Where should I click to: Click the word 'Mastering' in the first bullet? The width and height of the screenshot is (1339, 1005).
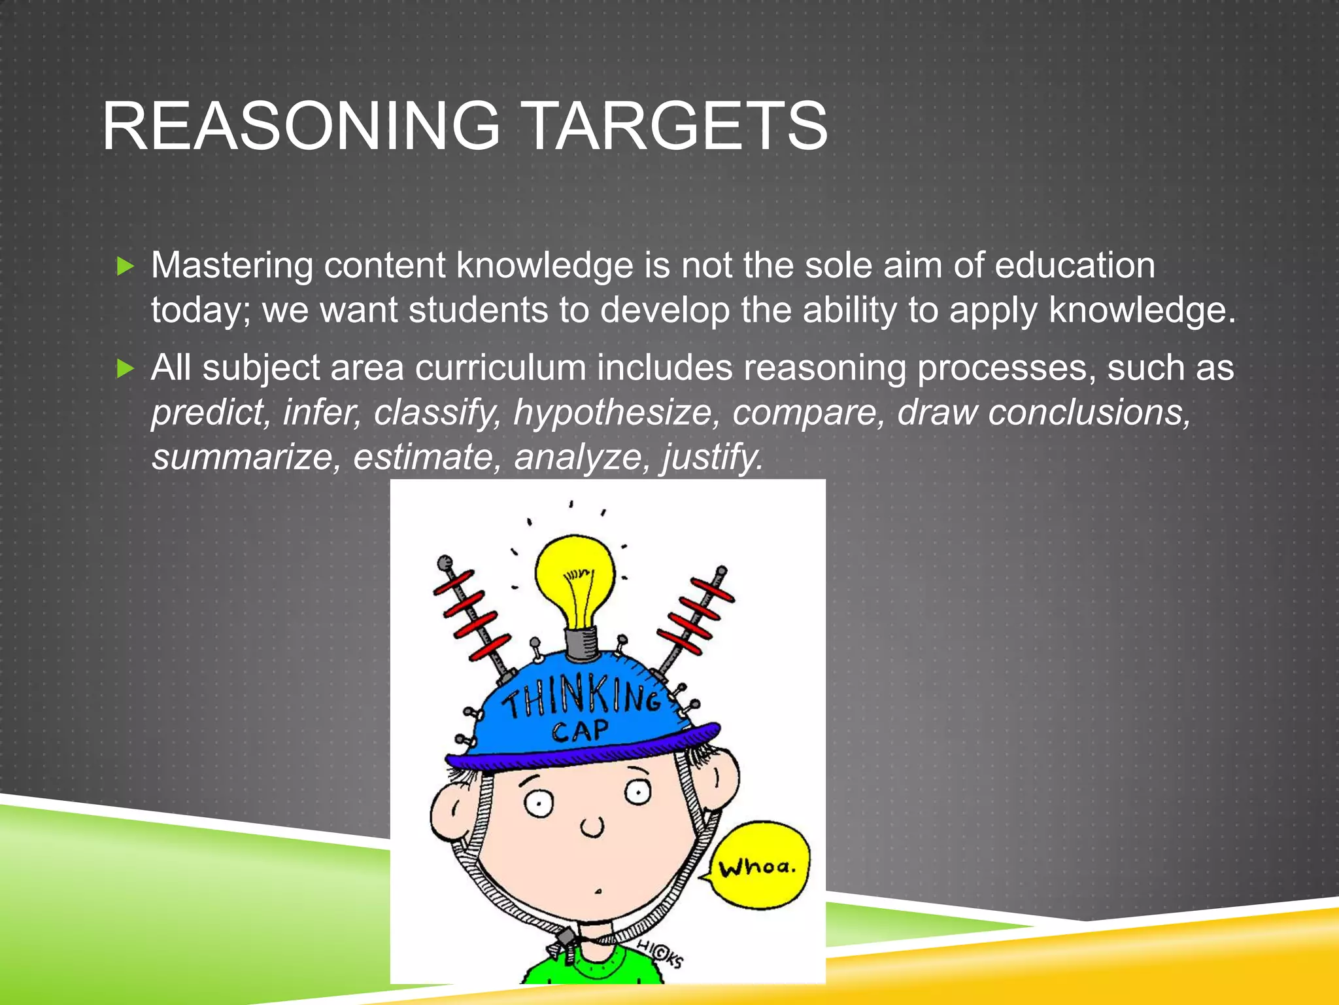coord(232,266)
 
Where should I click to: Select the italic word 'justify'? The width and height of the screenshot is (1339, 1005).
coord(713,457)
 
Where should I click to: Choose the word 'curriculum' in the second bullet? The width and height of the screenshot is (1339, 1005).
coord(500,368)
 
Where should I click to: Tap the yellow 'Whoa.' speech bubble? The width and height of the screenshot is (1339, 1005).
coord(758,866)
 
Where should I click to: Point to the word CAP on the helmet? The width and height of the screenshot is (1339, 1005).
coord(580,730)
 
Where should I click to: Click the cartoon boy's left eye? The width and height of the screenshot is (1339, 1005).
coord(539,803)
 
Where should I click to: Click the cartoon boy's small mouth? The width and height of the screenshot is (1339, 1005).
coord(598,892)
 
